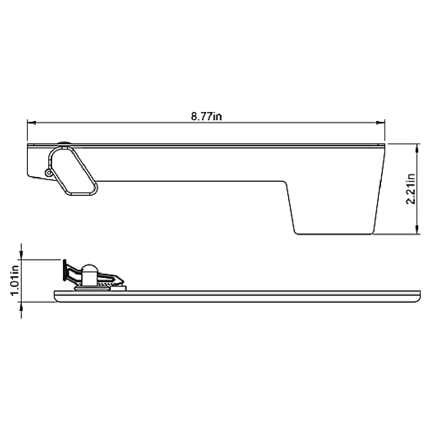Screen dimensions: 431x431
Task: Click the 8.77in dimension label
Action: [207, 116]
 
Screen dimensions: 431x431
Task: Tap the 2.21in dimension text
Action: [411, 189]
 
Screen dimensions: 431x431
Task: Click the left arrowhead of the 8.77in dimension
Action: [31, 123]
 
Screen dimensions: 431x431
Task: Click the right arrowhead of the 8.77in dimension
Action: [381, 123]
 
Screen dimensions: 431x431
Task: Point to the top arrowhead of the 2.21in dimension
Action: [416, 148]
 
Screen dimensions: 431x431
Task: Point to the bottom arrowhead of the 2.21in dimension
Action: [416, 230]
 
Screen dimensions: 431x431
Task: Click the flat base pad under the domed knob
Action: [91, 289]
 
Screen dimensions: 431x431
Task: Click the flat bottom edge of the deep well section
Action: [334, 234]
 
